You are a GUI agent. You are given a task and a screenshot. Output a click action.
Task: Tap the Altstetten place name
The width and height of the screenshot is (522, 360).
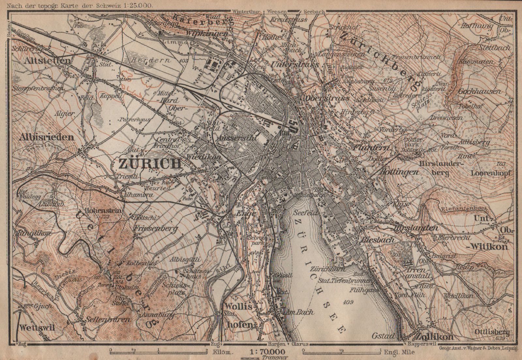(x=46, y=61)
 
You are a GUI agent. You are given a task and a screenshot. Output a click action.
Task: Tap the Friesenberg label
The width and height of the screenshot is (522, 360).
(x=156, y=228)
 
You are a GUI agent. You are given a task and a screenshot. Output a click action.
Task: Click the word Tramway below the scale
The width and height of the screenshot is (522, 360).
(x=270, y=357)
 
